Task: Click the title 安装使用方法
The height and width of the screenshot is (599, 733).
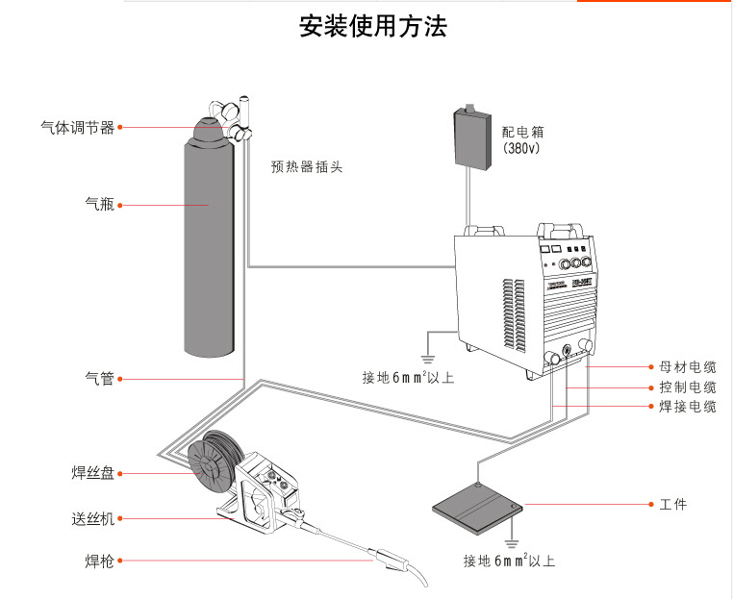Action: (x=372, y=26)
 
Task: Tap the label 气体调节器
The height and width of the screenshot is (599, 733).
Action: (x=78, y=128)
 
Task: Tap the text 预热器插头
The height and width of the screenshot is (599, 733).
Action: (x=307, y=166)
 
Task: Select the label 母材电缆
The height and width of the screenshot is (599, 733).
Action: (x=688, y=367)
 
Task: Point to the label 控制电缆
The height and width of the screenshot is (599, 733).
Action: (x=688, y=387)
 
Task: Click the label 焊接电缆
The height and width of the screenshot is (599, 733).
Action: (x=688, y=407)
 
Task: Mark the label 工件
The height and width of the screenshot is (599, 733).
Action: (x=673, y=505)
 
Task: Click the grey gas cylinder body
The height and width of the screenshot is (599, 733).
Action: (x=210, y=250)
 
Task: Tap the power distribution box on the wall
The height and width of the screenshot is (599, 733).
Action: (x=471, y=139)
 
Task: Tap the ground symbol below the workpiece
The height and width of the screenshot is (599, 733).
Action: (x=514, y=542)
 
